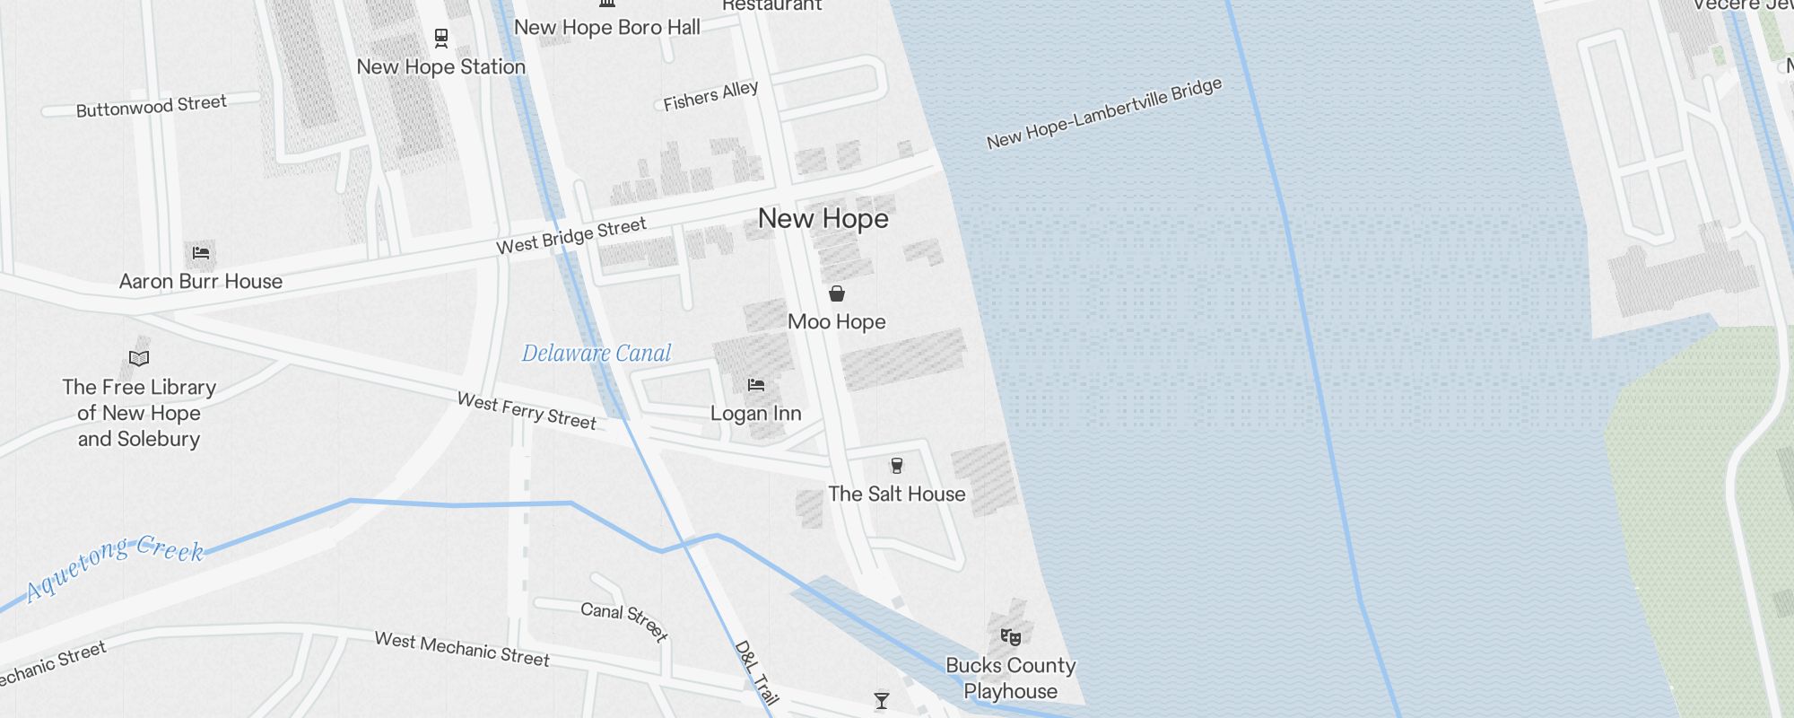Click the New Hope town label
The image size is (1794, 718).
click(823, 219)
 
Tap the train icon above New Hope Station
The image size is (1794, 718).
click(440, 38)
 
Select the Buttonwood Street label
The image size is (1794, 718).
click(151, 107)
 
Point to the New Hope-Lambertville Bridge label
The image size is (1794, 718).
click(1104, 113)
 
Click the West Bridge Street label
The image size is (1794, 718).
click(571, 235)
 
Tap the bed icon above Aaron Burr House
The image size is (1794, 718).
click(201, 253)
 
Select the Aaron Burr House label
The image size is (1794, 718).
click(201, 282)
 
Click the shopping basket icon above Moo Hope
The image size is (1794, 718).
click(836, 293)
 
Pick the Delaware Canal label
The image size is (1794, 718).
click(597, 354)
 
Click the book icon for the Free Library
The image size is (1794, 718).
click(139, 359)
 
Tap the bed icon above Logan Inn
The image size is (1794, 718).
click(756, 385)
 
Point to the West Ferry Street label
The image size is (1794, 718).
click(527, 411)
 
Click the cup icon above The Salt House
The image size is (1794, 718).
click(896, 465)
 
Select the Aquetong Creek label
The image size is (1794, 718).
click(115, 567)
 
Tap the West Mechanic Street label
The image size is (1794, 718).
click(462, 649)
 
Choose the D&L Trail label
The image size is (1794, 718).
click(756, 672)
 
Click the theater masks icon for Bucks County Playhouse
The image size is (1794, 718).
click(1011, 637)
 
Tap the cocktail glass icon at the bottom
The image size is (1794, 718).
click(882, 700)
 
